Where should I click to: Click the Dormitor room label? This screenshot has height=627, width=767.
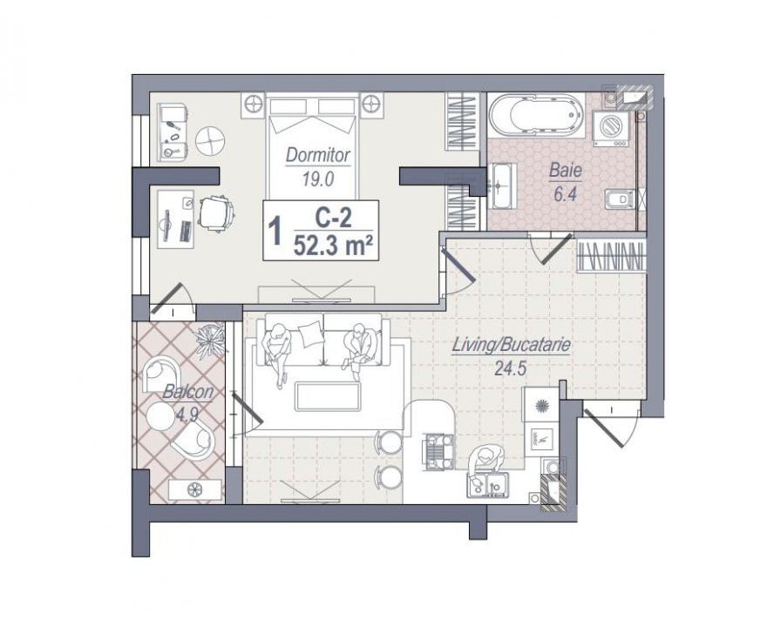(318, 155)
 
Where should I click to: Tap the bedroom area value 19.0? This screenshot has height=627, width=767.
(317, 179)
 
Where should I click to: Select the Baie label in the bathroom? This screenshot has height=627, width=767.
(566, 171)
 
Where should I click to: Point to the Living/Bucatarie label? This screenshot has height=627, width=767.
(511, 345)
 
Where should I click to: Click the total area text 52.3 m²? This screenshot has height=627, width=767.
(329, 246)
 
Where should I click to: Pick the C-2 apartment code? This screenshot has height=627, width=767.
(333, 218)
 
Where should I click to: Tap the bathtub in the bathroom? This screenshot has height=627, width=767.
(537, 115)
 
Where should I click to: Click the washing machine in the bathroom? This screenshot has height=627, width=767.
(612, 128)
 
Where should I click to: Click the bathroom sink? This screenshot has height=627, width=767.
(502, 185)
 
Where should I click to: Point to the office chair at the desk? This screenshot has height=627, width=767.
(215, 212)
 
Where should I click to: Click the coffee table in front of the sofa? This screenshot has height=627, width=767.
(328, 396)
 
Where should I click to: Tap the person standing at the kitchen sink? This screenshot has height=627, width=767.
(485, 462)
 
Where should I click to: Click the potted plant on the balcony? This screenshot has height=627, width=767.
(211, 339)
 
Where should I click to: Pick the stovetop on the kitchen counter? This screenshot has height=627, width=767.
(438, 452)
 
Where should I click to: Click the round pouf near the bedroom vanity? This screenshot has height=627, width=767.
(210, 140)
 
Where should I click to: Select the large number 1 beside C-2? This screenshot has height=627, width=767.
(276, 231)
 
